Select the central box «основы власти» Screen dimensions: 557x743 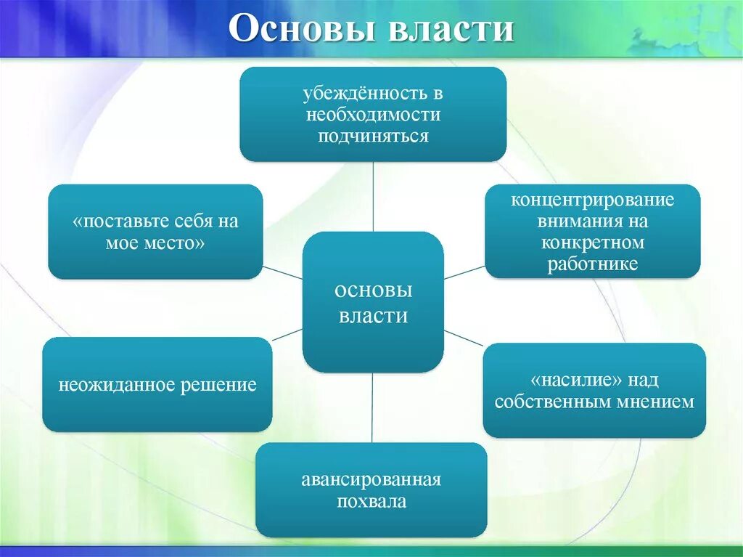coord(372,302)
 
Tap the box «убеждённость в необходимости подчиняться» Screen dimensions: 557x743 coord(372,114)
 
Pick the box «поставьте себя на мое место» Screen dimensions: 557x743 coord(155,232)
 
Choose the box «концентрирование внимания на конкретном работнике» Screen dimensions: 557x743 coord(592,231)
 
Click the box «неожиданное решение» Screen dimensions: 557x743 coord(157,385)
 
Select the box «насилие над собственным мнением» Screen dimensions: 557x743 coord(594,391)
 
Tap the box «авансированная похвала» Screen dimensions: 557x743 coord(371,490)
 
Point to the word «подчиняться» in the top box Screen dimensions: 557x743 coord(373,136)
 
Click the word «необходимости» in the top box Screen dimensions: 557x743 coord(373,115)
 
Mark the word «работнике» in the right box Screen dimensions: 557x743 coord(593,264)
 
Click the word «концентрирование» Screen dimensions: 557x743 coord(593,200)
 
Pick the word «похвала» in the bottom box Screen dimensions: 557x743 coord(371,501)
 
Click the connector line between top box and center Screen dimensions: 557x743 coord(374,196)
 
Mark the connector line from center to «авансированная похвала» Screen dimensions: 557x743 coord(372,407)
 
